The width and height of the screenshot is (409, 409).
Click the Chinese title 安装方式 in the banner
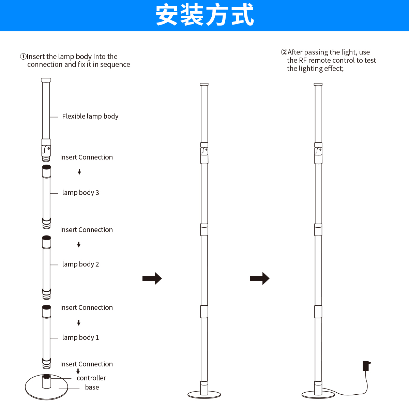(x=204, y=15)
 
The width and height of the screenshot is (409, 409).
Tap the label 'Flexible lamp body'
(x=90, y=117)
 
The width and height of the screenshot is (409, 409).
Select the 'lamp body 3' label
(x=80, y=193)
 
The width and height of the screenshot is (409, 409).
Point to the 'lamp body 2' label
(x=80, y=264)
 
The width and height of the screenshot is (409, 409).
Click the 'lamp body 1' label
(x=80, y=338)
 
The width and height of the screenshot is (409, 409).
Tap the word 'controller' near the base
(x=91, y=378)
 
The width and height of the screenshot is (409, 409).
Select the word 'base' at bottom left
(x=92, y=388)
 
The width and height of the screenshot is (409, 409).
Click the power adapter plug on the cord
(x=366, y=366)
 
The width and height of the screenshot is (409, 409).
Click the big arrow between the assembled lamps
(x=260, y=278)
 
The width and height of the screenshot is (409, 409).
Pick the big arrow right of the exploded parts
(x=152, y=278)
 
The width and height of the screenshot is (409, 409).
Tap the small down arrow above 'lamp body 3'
(x=79, y=172)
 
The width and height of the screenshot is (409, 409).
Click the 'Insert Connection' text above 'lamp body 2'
(x=86, y=230)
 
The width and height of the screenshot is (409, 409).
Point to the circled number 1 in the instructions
(x=23, y=57)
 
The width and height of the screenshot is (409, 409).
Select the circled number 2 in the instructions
(x=284, y=52)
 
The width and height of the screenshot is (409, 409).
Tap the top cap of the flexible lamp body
(x=46, y=80)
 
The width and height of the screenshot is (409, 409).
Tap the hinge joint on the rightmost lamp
(x=318, y=150)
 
